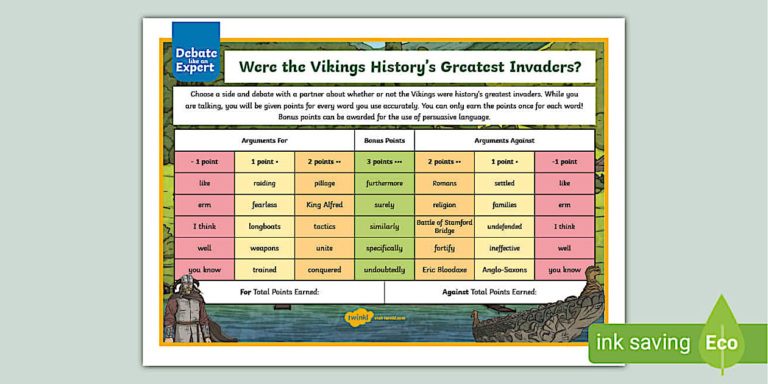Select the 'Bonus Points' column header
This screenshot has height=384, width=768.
pos(384,140)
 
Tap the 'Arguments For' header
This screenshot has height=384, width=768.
pos(265,140)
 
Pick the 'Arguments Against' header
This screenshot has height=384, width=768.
pos(504,140)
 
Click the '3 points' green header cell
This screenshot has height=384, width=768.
pos(384,162)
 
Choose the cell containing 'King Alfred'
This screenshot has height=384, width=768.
pos(324,205)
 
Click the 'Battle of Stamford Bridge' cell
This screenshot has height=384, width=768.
pos(444,227)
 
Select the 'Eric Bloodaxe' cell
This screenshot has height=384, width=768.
pos(444,269)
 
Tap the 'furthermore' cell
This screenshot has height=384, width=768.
pos(384,183)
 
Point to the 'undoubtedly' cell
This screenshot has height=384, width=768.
pos(384,269)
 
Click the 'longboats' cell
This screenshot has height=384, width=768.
pos(265,227)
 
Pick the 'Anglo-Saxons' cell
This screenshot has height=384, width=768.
pos(504,269)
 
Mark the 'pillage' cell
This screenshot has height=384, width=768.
pos(324,183)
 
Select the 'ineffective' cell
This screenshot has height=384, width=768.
pos(504,248)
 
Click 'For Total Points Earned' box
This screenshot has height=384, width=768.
pos(280,292)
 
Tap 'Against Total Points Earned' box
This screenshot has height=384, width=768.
pos(489,292)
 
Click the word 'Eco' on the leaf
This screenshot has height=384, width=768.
pos(721,343)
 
